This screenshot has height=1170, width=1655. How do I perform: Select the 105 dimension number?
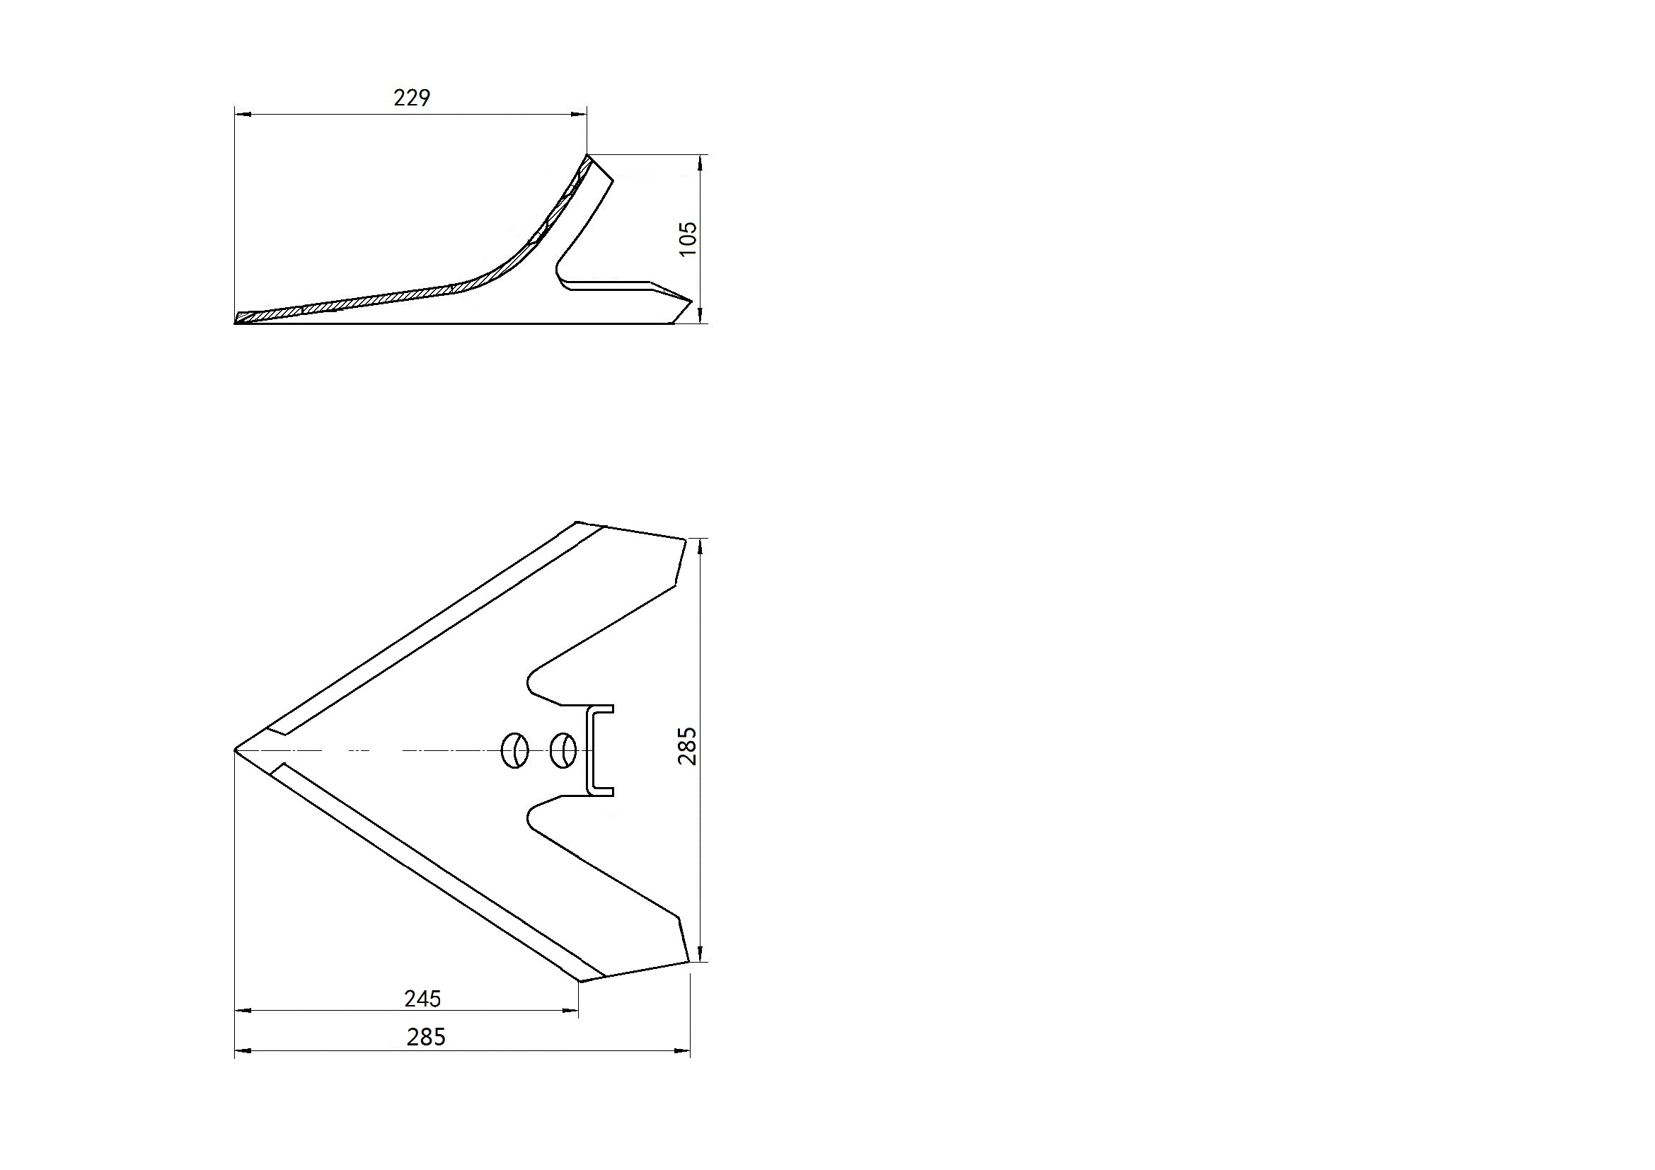click(x=688, y=239)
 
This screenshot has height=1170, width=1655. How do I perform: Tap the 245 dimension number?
click(x=422, y=999)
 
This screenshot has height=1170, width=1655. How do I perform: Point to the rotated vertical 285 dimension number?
click(x=688, y=746)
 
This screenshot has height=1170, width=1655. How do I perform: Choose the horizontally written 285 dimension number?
click(x=426, y=1037)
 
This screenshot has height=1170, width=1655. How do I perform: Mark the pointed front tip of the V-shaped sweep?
click(x=237, y=750)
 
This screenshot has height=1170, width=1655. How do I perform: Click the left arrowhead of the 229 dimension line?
click(x=241, y=114)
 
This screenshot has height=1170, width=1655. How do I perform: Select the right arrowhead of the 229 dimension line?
click(x=580, y=114)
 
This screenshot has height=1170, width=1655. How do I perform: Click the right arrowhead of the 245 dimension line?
click(x=572, y=1010)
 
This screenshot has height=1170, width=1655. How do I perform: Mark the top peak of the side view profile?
click(x=588, y=156)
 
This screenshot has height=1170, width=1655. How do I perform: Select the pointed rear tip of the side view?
click(x=691, y=301)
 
